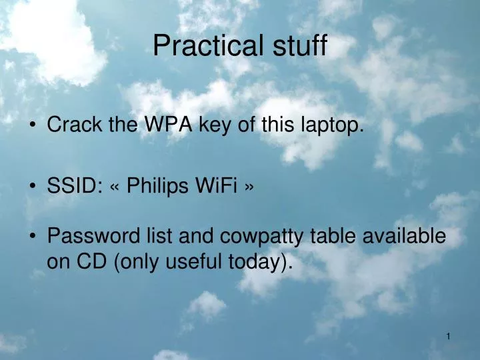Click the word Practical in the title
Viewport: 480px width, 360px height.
coord(199,46)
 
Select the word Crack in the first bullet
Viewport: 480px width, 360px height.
coord(71,125)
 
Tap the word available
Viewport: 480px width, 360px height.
coord(407,236)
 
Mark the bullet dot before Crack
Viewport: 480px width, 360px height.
coord(33,125)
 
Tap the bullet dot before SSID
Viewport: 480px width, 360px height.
coord(33,187)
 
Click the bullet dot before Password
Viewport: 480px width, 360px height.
coord(33,237)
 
